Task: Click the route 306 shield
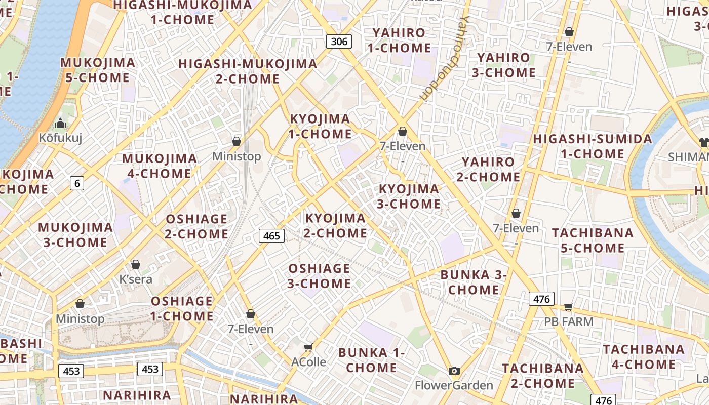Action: point(339,41)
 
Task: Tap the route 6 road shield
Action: point(77,183)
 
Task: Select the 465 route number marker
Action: point(271,235)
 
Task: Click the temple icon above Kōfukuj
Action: point(60,123)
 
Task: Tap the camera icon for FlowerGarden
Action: point(454,371)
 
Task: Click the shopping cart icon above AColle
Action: point(308,347)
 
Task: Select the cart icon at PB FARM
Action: point(568,307)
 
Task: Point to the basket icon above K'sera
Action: point(135,264)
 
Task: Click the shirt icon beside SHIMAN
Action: point(703,142)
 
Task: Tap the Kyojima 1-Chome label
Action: point(320,127)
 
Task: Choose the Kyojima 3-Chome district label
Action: point(409,196)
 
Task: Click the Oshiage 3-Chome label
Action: point(319,276)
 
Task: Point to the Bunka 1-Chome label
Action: point(371,360)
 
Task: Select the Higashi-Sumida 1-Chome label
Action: point(592,146)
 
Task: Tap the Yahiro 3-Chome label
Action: point(503,65)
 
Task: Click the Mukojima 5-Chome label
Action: point(98,70)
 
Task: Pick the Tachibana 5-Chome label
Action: point(593,240)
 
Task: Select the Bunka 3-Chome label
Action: point(474,282)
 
